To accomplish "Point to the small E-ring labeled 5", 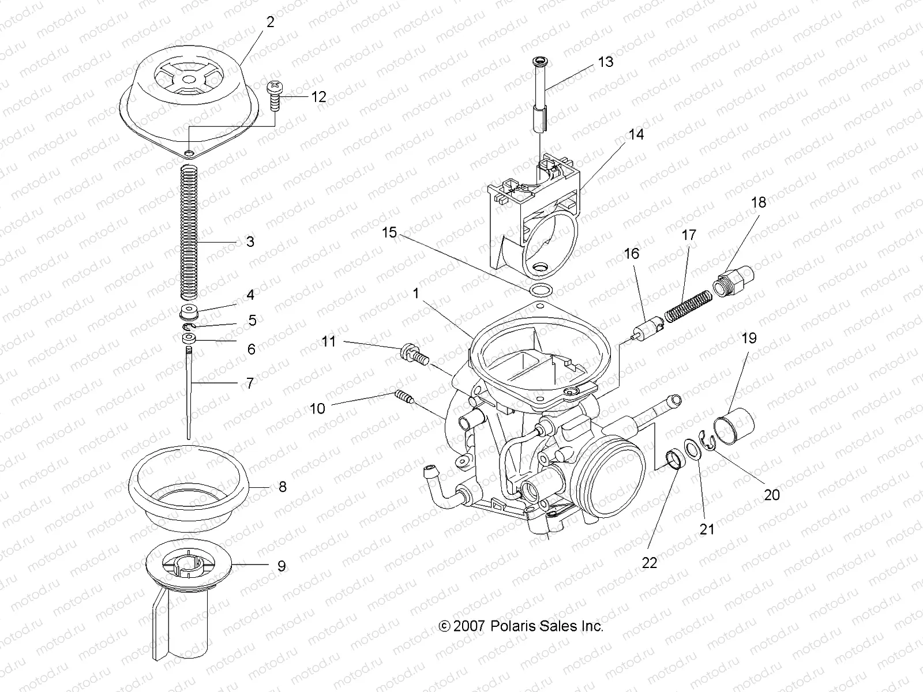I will [x=189, y=328].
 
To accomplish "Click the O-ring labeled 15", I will [x=541, y=289].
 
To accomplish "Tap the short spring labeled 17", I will [x=687, y=306].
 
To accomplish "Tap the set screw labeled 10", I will [x=404, y=397].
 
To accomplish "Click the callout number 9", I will [x=281, y=566].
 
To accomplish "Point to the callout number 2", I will [x=270, y=22].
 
